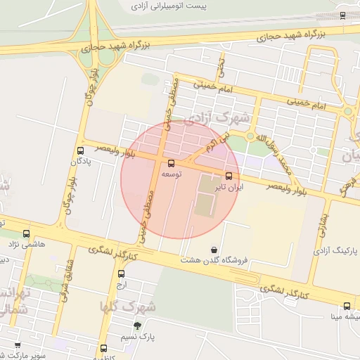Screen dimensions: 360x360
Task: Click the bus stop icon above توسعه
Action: click(x=172, y=163)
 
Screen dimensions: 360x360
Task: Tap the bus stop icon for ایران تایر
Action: click(x=229, y=175)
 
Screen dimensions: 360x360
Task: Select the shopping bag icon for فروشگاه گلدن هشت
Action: click(x=214, y=250)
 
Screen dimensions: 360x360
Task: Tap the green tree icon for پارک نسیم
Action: click(x=137, y=325)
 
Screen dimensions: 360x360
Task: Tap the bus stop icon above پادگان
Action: click(x=79, y=150)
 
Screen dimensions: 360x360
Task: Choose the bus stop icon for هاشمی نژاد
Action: click(x=26, y=233)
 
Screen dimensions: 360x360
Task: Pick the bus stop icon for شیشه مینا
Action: click(x=347, y=306)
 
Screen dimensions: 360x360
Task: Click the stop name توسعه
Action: click(x=172, y=174)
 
